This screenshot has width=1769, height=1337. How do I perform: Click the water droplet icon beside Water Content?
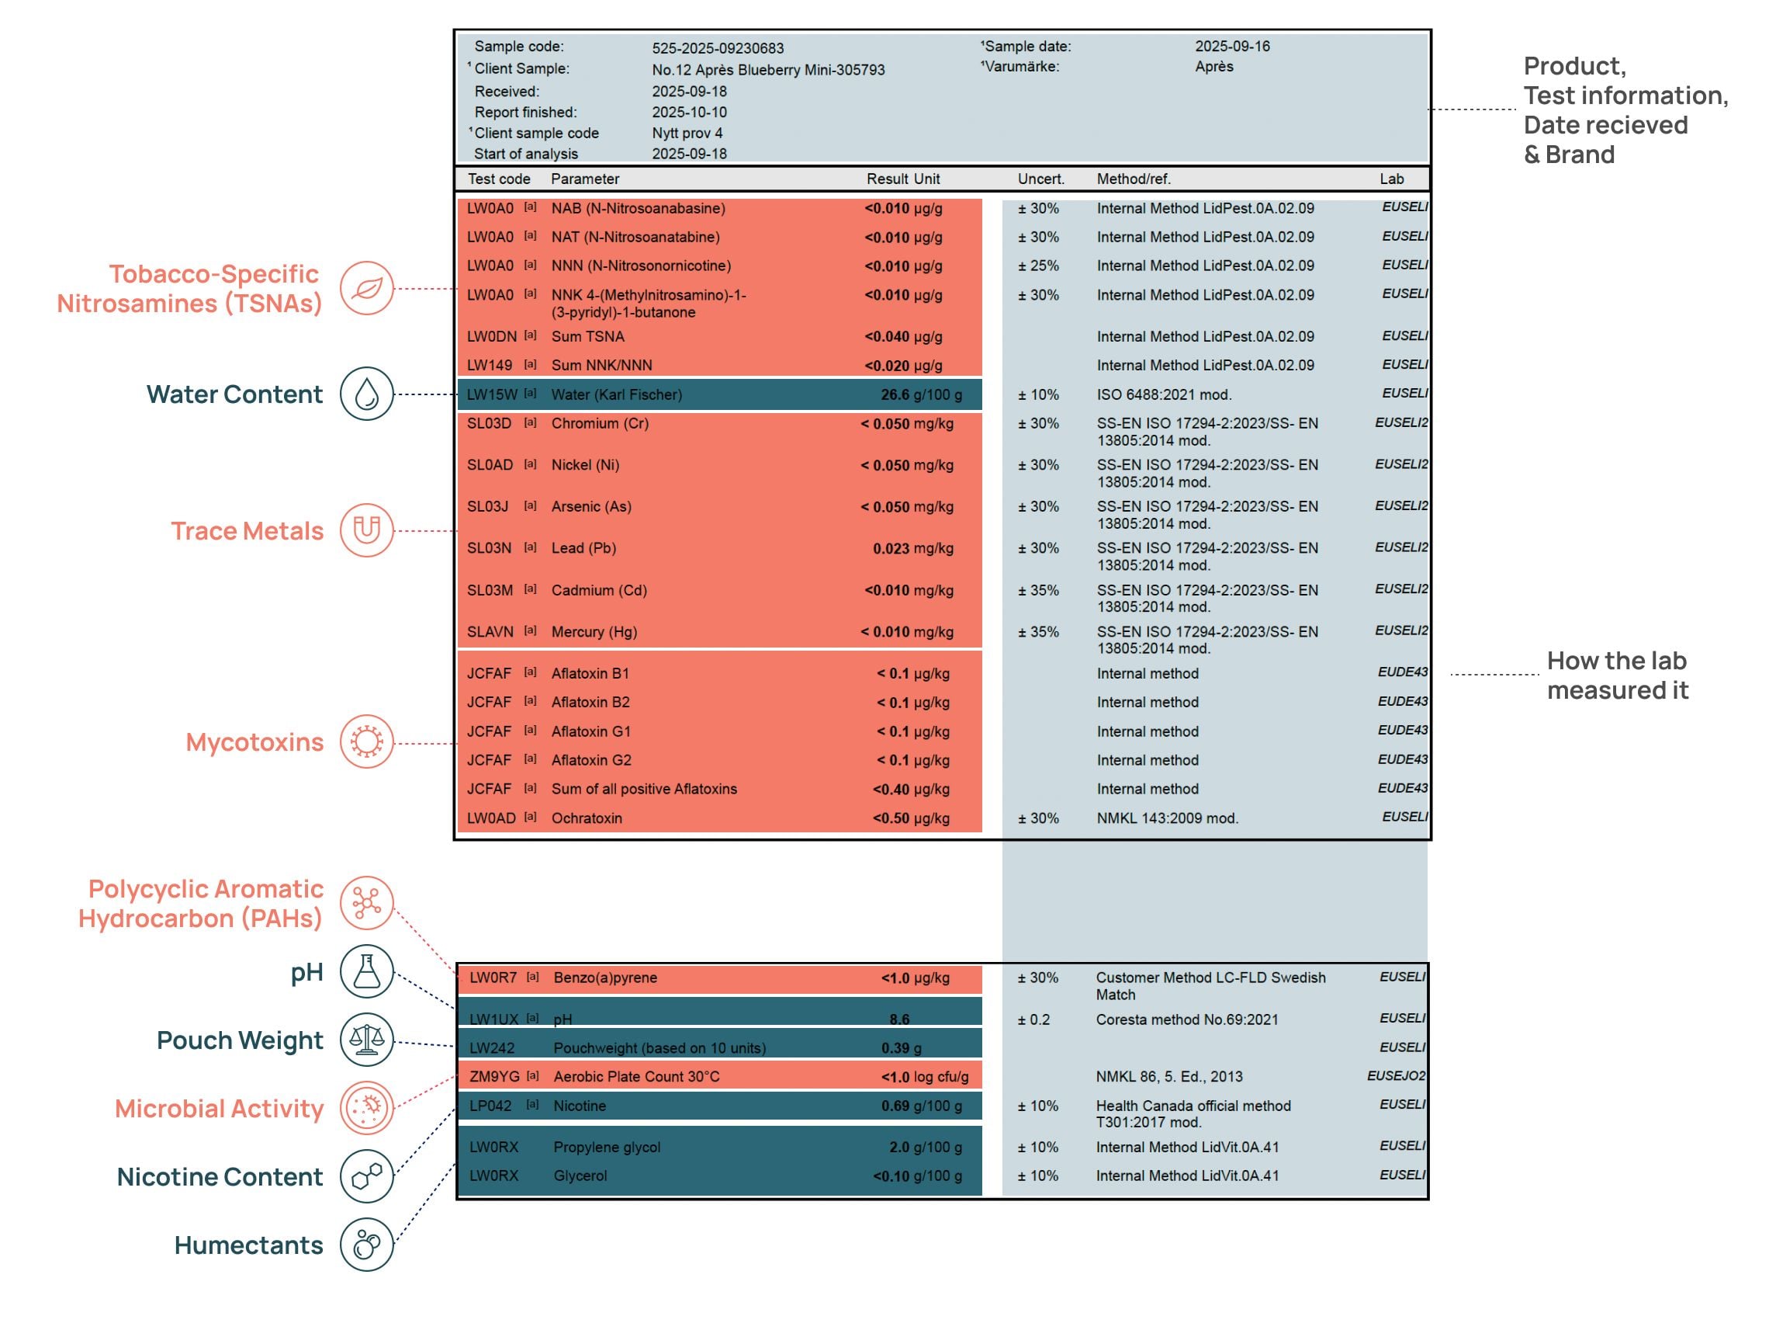tap(366, 394)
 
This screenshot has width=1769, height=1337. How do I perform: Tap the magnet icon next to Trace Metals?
tap(366, 530)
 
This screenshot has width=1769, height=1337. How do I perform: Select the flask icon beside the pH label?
tap(366, 971)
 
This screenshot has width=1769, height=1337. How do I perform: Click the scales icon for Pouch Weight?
tap(366, 1040)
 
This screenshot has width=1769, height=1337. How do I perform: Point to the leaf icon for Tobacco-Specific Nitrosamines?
tap(366, 288)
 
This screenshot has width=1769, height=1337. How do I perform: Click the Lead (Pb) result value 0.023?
tap(891, 549)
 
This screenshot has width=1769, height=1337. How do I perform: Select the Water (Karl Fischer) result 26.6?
tap(895, 394)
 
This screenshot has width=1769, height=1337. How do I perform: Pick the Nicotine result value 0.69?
tap(895, 1106)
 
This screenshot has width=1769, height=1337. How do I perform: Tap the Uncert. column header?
tap(1040, 179)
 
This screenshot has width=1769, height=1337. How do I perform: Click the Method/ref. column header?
tap(1134, 179)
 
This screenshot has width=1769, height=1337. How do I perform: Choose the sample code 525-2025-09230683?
tap(718, 48)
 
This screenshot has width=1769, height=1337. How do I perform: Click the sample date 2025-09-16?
tap(1231, 47)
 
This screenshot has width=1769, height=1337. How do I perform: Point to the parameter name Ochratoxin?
tap(587, 818)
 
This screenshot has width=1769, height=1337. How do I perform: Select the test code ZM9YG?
tap(494, 1076)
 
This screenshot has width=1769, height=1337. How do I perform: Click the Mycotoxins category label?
tap(254, 741)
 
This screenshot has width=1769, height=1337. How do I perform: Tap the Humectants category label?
tap(249, 1245)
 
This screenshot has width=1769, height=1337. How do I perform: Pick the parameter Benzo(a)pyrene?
tap(604, 978)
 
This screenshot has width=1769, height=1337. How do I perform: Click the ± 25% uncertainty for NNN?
tap(1038, 266)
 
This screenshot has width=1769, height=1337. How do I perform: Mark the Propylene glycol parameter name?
tap(606, 1148)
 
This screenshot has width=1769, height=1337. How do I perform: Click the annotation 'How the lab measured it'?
tap(1617, 675)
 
